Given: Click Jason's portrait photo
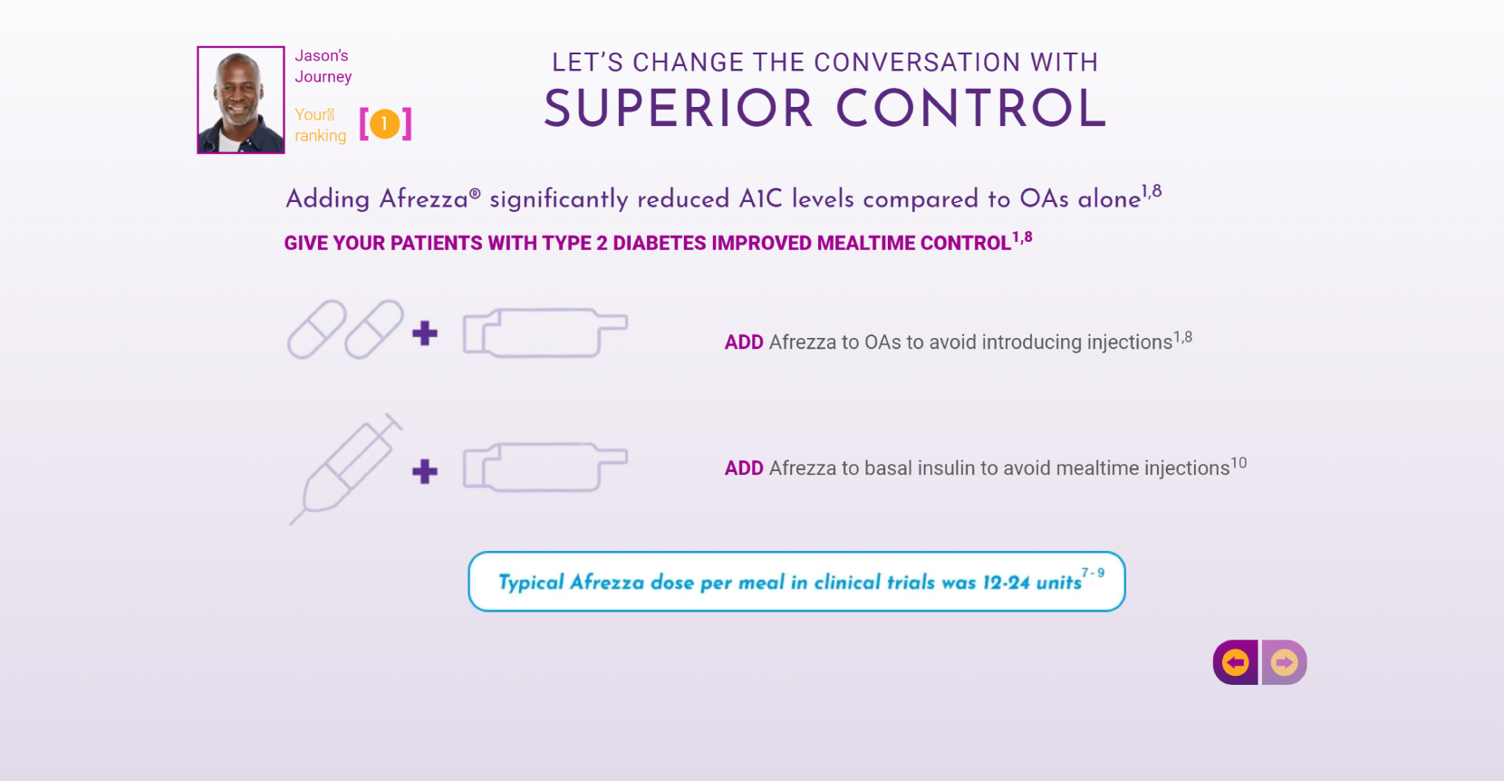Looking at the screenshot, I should click(x=241, y=100).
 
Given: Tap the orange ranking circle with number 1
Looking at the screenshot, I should click(x=385, y=123).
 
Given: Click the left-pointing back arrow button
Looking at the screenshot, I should click(x=1235, y=662).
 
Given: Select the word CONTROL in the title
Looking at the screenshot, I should click(x=971, y=110).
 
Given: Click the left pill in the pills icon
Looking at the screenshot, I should click(x=317, y=330).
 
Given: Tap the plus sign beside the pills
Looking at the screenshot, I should click(x=424, y=333).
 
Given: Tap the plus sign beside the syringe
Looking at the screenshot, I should click(x=424, y=471).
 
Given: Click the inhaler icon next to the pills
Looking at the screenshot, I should click(x=545, y=333).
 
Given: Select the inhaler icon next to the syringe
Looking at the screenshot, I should click(x=545, y=468).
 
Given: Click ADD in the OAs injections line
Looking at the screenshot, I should click(x=744, y=342).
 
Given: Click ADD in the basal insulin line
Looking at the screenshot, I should click(x=744, y=468).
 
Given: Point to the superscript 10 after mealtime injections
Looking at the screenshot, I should click(x=1239, y=463).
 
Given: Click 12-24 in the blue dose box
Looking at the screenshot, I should click(x=1006, y=583).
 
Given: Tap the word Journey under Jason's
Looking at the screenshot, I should click(x=323, y=77).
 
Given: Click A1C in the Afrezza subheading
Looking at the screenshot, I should click(x=760, y=199).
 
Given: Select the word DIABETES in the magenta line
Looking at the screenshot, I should click(x=659, y=244).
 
